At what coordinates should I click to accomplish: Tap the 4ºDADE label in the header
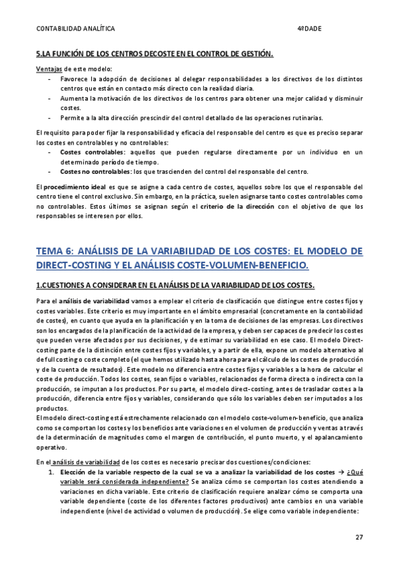[x=308, y=29]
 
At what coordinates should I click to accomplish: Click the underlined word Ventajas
[x=49, y=69]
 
